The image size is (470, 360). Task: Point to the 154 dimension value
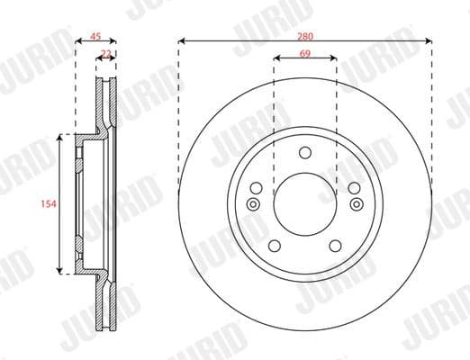[50, 204]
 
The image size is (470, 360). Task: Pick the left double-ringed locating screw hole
[253, 204]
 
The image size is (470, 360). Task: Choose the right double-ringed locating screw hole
[356, 204]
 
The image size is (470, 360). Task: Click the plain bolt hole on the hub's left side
[257, 188]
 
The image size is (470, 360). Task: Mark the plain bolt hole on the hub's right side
[353, 188]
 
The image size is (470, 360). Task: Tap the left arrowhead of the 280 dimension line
[181, 40]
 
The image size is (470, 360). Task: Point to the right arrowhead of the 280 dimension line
[429, 40]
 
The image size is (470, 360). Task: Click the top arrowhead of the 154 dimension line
[61, 138]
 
